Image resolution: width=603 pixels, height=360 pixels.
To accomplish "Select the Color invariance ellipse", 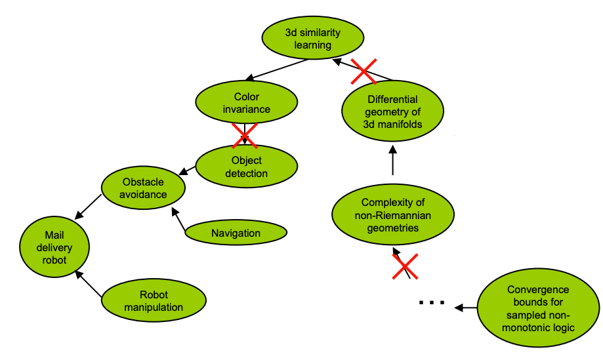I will click(246, 103).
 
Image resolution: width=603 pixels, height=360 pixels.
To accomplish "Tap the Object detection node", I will click(247, 167).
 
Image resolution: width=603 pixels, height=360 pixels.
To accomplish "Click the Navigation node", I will click(236, 233).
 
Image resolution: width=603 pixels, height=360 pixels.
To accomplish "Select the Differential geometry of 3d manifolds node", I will click(392, 111).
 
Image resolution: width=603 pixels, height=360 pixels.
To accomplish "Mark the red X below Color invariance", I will click(245, 135).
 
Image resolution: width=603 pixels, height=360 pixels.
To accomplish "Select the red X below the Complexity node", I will click(405, 266).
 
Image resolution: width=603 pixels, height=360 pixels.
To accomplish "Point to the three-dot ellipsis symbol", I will click(432, 304).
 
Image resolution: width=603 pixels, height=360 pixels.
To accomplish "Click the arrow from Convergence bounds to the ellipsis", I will click(467, 307).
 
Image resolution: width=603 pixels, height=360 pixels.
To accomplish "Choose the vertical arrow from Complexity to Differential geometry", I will click(392, 161).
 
